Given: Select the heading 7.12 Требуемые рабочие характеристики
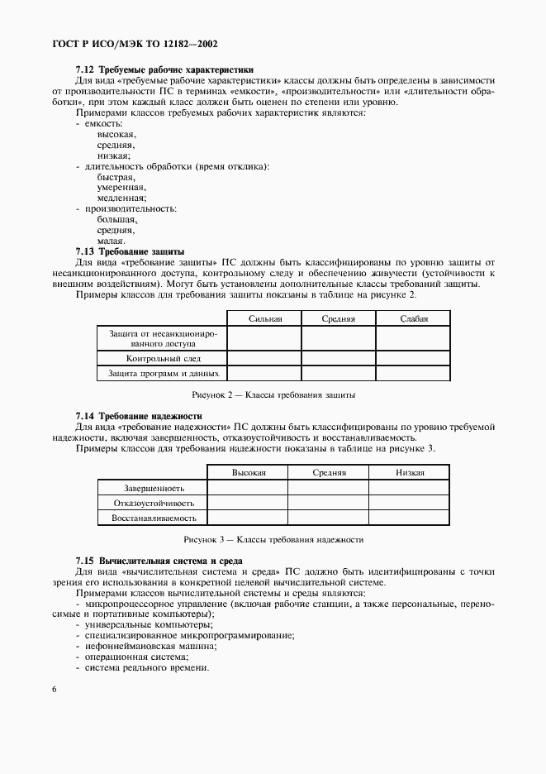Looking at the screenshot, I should coord(164,69).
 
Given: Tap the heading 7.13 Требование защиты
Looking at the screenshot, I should coord(130,251).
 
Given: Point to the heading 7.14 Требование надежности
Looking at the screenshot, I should coord(138,415).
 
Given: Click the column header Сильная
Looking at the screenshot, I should coord(264,318).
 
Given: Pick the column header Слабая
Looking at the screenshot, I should coord(413,318).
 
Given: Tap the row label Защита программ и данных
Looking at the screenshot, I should coord(163,374).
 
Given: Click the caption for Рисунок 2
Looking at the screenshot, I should coord(273,395).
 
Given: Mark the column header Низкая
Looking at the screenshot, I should coord(410,472).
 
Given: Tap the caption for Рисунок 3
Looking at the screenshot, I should coord(273,539).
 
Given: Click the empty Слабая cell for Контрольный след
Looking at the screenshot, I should coord(413,358).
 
